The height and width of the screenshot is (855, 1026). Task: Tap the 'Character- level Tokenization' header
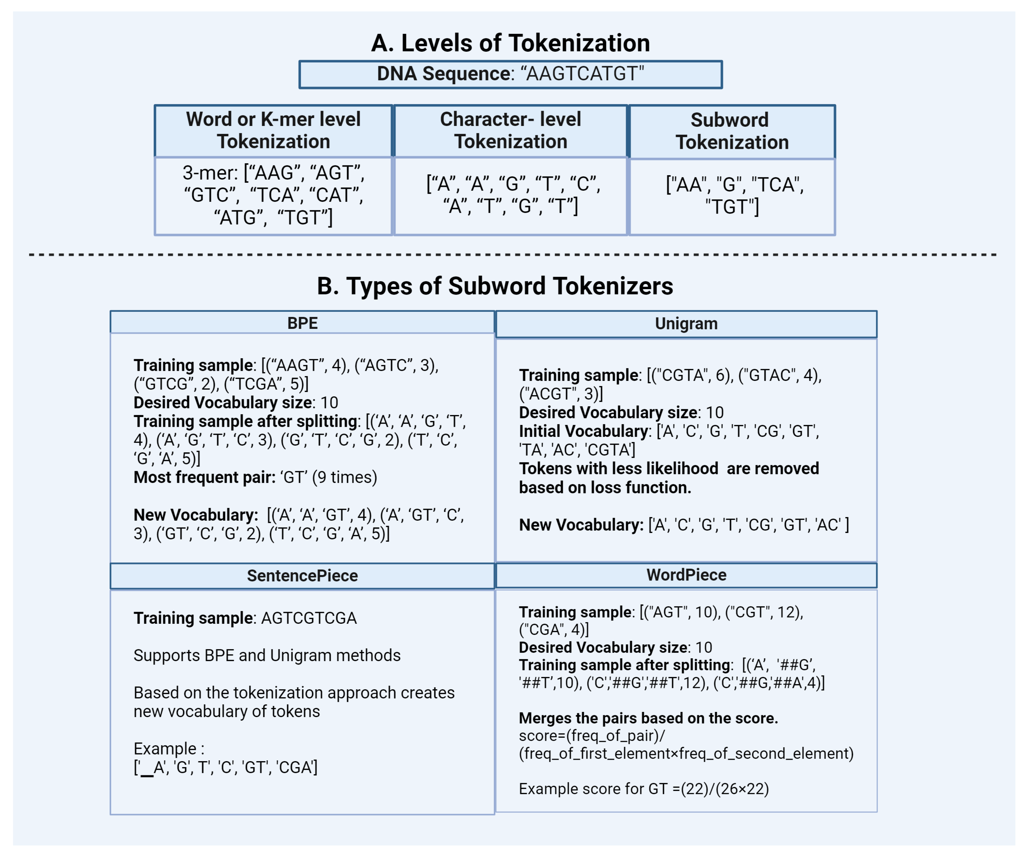click(x=511, y=131)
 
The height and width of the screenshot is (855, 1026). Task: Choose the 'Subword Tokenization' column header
click(x=731, y=131)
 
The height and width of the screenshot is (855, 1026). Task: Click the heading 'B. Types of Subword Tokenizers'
click(x=495, y=286)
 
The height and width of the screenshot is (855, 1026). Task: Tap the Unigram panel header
click(x=686, y=324)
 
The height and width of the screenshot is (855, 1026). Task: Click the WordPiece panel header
click(x=686, y=575)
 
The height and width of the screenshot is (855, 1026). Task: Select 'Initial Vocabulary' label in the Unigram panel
click(x=583, y=431)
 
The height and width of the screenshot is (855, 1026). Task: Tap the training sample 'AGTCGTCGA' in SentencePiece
click(x=309, y=618)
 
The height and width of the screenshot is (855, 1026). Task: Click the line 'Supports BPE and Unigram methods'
click(x=267, y=655)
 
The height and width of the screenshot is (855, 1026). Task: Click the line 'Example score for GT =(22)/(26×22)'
click(x=643, y=789)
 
